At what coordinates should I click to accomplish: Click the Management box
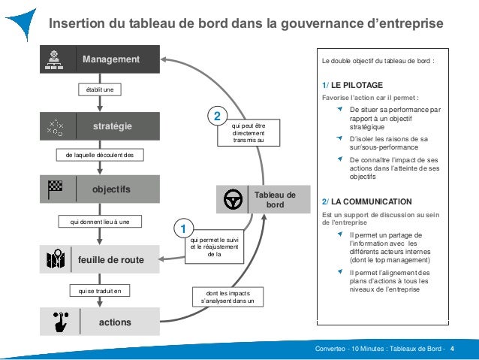[100, 59]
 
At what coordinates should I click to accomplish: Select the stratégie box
[100, 126]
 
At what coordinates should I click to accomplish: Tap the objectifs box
[100, 190]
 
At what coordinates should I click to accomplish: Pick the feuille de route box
[100, 260]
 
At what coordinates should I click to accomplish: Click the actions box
[100, 322]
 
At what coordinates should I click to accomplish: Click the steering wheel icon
[233, 200]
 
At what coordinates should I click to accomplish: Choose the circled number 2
[216, 118]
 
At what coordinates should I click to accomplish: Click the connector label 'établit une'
[100, 90]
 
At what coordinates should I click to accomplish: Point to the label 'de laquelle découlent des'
[100, 155]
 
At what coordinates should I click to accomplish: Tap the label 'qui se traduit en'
[100, 291]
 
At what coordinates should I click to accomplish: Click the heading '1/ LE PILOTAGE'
[352, 85]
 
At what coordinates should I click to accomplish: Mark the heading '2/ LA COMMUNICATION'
[366, 201]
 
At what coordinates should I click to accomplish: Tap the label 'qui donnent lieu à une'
[100, 222]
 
